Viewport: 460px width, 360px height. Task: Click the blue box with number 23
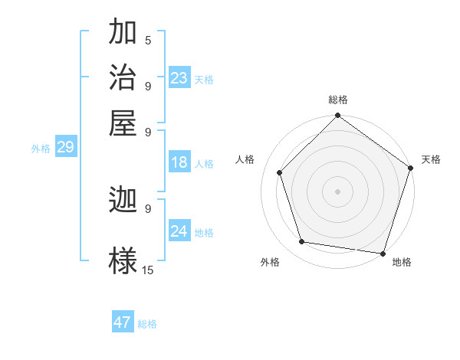[179, 78]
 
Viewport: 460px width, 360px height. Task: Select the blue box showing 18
[179, 162]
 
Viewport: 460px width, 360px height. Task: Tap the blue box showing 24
[179, 231]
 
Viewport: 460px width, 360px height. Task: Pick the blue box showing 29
[65, 147]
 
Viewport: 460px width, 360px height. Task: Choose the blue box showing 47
[123, 322]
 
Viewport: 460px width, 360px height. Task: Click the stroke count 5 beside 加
[148, 41]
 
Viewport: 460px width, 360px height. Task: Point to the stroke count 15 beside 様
[148, 270]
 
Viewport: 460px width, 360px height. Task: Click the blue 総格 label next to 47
[147, 324]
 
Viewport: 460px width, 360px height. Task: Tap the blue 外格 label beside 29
[41, 149]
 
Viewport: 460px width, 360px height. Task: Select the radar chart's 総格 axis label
[338, 100]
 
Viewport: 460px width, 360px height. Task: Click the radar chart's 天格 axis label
[431, 159]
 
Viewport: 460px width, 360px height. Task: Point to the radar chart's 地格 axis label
[402, 263]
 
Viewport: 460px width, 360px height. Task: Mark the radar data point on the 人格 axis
[280, 172]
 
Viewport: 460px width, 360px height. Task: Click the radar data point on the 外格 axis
[302, 242]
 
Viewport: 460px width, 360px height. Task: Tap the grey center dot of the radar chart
[337, 191]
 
